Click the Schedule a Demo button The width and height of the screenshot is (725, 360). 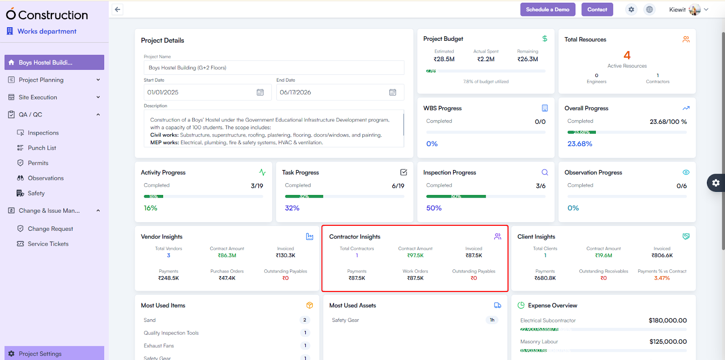(547, 10)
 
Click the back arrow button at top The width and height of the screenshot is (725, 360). (117, 10)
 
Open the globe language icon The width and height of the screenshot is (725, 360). (649, 10)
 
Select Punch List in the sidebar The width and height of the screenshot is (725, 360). (42, 148)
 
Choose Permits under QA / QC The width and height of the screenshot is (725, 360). (38, 163)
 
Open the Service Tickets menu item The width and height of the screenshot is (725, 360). (48, 244)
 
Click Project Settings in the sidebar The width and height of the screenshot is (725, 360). (40, 354)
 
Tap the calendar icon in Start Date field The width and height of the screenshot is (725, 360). (260, 92)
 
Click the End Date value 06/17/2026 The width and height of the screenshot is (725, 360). (295, 92)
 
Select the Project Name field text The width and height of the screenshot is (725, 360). (188, 68)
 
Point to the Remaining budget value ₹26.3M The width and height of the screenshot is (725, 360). (527, 59)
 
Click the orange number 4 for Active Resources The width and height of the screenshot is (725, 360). (627, 55)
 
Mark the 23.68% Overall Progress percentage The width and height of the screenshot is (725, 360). (580, 144)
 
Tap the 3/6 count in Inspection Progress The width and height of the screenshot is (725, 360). (541, 186)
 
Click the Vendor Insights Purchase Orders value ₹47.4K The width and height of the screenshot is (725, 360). (227, 278)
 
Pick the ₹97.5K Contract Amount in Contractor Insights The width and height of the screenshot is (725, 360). (415, 256)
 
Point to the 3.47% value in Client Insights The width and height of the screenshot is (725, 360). (662, 278)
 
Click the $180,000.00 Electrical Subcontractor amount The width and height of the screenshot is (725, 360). (667, 321)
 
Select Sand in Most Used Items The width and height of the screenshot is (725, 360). (150, 320)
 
